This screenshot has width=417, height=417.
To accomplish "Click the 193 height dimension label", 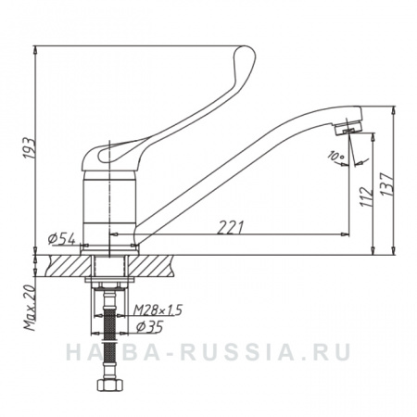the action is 30,148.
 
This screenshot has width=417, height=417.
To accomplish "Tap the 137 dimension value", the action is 386,183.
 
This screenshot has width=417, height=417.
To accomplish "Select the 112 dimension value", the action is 366,196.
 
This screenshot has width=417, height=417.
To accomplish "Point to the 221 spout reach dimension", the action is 230,227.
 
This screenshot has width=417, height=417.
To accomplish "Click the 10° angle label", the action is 335,156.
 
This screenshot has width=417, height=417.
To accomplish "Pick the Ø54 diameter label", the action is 62,239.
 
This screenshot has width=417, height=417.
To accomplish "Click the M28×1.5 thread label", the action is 158,310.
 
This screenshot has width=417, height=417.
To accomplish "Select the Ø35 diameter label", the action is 149,327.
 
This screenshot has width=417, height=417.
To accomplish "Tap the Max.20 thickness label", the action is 31,309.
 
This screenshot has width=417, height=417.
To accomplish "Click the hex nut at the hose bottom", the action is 110,385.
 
